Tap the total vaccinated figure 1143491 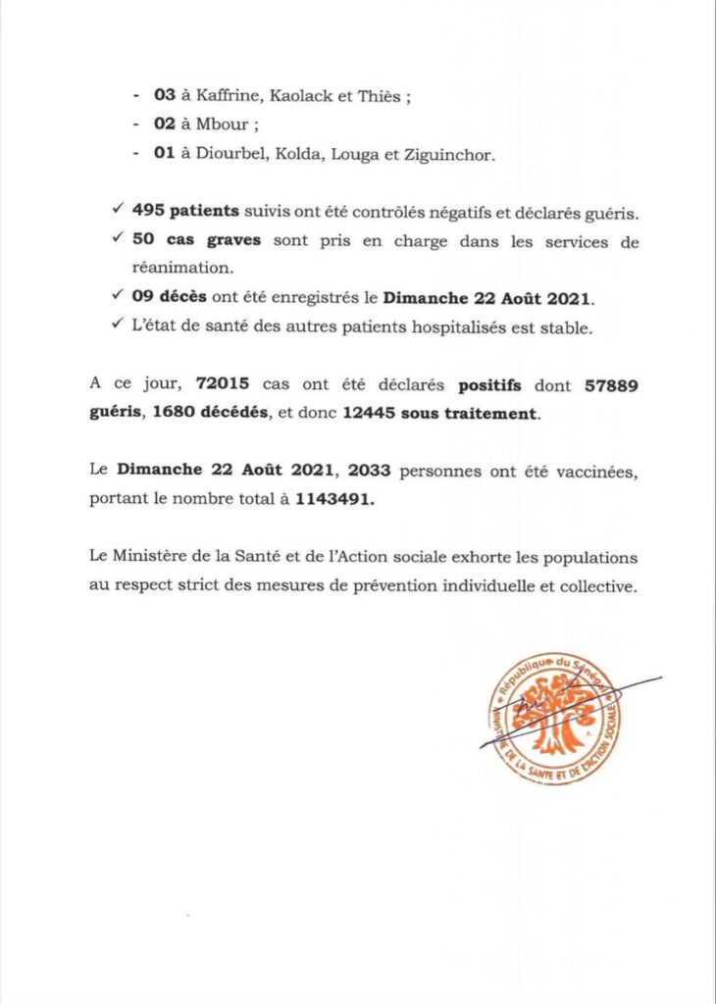(335, 499)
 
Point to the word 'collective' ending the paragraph (593, 586)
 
